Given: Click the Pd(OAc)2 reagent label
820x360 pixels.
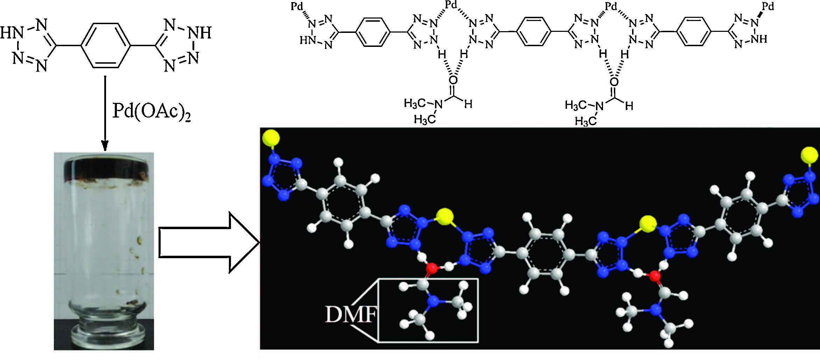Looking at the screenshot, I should (x=152, y=113).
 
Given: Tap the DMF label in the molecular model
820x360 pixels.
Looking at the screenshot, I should (x=350, y=315).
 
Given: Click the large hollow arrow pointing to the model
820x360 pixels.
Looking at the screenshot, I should (x=209, y=242).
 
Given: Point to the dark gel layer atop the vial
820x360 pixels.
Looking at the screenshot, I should (x=104, y=170).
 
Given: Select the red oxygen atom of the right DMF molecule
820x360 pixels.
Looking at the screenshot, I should (x=654, y=276).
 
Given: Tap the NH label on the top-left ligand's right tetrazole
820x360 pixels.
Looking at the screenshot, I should (x=200, y=34).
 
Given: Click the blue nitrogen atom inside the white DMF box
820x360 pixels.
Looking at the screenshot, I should (x=433, y=301).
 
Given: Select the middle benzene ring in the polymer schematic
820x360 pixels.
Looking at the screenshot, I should (x=534, y=32).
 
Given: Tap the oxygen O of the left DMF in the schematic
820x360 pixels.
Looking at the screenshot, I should (x=453, y=80).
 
